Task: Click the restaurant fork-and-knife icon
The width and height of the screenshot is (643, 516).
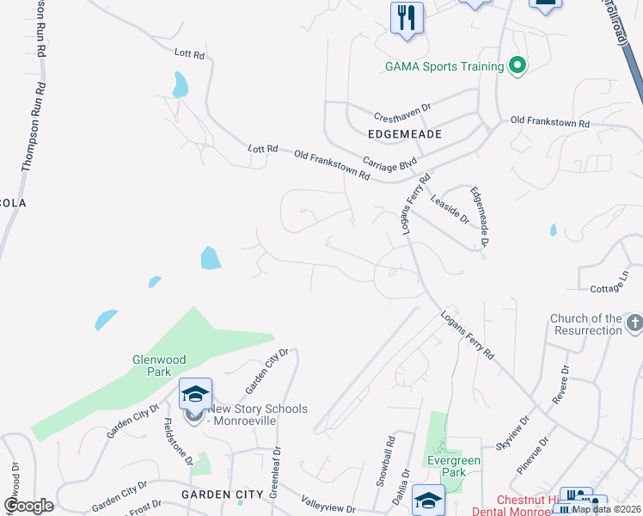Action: [407, 18]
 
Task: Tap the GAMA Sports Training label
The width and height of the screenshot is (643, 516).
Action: [444, 66]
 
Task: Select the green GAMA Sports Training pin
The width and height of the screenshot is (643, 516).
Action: [517, 65]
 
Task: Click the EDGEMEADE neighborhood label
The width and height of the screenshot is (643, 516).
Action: [404, 135]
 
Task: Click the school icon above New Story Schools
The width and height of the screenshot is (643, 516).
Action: [195, 394]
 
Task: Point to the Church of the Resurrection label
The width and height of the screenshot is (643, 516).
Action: [586, 324]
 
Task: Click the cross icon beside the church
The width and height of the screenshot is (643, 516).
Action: [634, 323]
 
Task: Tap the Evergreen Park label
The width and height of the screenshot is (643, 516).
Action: [454, 466]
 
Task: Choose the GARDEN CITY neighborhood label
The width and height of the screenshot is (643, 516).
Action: [222, 494]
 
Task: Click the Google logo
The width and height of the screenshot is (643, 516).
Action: [28, 506]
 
